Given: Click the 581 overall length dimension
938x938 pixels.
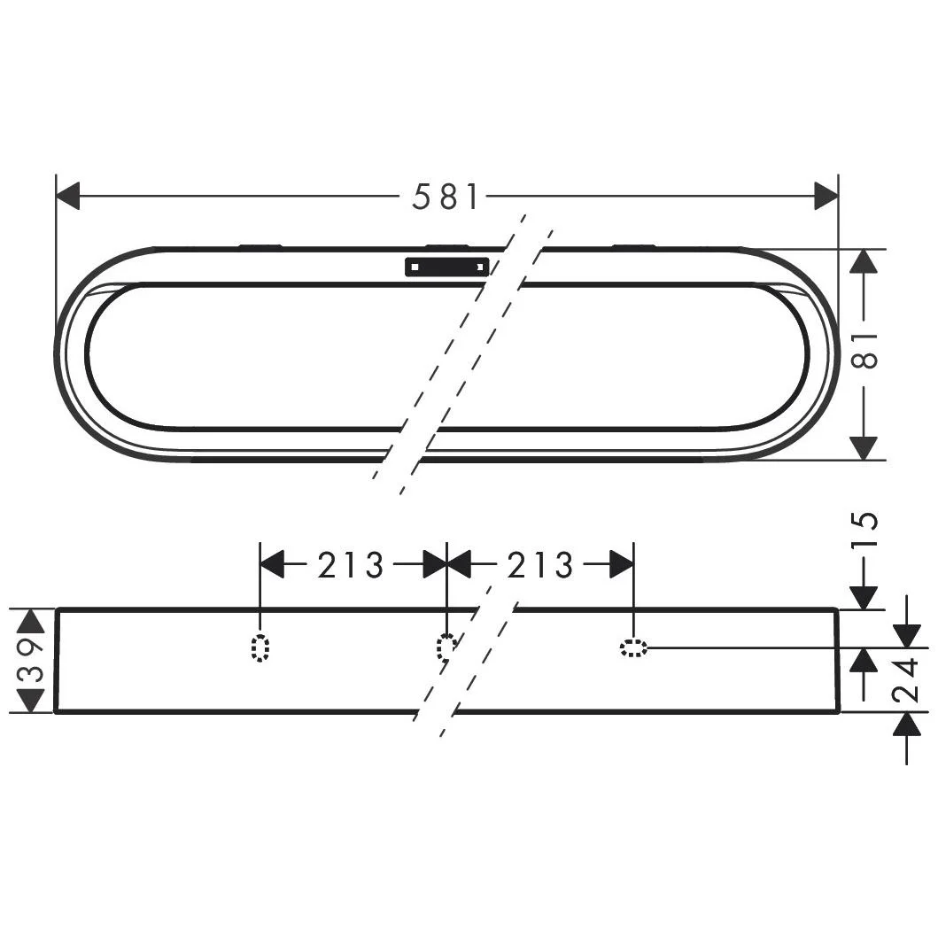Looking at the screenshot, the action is (x=446, y=197).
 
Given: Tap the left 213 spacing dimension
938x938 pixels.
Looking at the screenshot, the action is (x=350, y=565).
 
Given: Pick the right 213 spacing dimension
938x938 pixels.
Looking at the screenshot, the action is (x=540, y=565).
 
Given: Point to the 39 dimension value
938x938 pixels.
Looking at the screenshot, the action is (x=30, y=660).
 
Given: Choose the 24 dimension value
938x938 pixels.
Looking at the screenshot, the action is (x=904, y=680).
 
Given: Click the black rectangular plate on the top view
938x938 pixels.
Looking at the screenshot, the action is (x=447, y=267).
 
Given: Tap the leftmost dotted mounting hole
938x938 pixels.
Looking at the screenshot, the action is (x=260, y=647).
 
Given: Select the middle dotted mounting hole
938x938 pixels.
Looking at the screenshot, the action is (x=446, y=647).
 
